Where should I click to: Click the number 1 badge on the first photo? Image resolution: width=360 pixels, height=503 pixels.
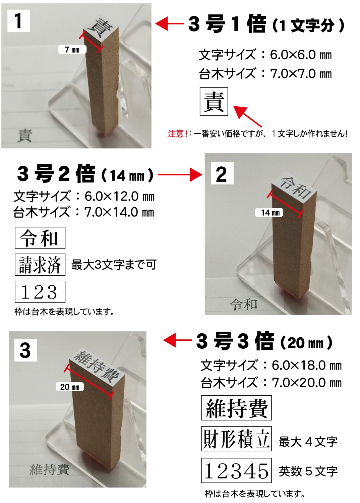(18, 21)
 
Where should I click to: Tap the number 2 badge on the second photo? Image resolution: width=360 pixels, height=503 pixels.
(222, 173)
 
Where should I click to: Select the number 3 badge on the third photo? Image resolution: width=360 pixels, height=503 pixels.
(25, 350)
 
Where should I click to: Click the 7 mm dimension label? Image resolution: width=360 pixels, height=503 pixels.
(72, 50)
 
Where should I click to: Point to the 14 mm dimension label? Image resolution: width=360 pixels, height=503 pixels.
(269, 213)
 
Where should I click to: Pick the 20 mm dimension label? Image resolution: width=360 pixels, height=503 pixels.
(70, 387)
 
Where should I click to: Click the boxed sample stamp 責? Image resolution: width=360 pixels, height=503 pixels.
(214, 101)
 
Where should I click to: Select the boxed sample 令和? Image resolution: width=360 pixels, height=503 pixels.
(40, 238)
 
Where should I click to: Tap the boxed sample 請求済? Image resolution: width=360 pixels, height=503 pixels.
(40, 265)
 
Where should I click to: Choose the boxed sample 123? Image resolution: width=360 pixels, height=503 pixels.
(40, 292)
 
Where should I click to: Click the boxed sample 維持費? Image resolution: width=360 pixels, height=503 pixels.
(236, 408)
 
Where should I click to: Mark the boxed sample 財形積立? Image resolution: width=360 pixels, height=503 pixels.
(236, 439)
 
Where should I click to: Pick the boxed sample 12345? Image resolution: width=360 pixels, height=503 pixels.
(236, 470)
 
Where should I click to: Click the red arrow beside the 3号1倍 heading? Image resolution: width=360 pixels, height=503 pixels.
(170, 24)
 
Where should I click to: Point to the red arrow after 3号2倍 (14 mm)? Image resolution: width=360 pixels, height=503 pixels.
(180, 175)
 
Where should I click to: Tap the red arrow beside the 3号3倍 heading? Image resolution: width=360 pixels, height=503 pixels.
(177, 340)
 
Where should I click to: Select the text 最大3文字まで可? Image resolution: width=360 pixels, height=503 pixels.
(114, 265)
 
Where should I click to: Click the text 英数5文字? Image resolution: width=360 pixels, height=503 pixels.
(308, 471)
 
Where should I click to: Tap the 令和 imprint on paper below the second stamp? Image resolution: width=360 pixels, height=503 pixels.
(244, 304)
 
